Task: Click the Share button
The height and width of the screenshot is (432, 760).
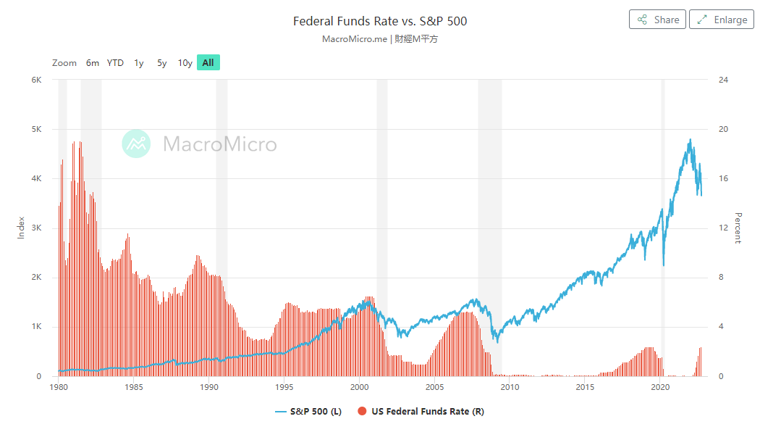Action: click(657, 20)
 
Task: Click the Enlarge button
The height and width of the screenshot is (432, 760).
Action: click(721, 20)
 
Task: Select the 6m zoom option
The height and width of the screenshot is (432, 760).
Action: click(93, 63)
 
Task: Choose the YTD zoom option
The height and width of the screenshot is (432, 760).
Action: click(115, 63)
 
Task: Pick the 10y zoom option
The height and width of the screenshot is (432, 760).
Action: click(185, 63)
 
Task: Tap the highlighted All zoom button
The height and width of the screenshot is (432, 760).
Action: click(208, 63)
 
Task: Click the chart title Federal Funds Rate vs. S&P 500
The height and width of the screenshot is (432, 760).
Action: click(380, 21)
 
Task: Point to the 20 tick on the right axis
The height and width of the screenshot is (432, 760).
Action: click(722, 129)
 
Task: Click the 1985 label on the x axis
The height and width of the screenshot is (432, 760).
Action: click(134, 388)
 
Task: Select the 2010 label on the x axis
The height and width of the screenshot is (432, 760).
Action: click(510, 388)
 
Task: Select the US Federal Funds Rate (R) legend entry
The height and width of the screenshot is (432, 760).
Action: click(421, 412)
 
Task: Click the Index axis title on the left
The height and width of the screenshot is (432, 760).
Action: click(21, 228)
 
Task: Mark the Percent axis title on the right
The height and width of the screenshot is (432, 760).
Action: click(738, 228)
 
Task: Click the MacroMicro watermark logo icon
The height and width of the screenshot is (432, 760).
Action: click(136, 144)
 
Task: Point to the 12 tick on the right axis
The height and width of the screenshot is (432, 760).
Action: click(722, 228)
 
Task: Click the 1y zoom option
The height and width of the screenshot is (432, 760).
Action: click(138, 63)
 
